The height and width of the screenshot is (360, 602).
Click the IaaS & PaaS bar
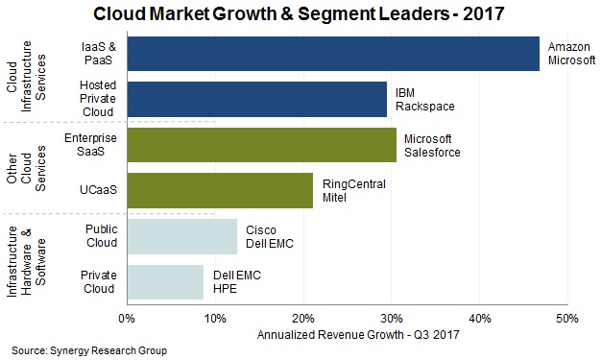pos(332,54)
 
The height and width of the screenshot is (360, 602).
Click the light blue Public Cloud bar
pos(181,236)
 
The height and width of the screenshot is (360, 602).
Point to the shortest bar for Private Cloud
pos(164,282)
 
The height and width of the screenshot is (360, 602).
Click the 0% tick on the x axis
pos(126,318)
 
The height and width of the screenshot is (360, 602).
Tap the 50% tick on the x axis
pos(566,318)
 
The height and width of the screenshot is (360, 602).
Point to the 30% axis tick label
pos(391,318)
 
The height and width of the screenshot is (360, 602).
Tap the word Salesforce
pos(431,153)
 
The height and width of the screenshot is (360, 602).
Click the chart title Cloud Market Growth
pos(299,14)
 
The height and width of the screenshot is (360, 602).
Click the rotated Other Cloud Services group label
pos(27,167)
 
